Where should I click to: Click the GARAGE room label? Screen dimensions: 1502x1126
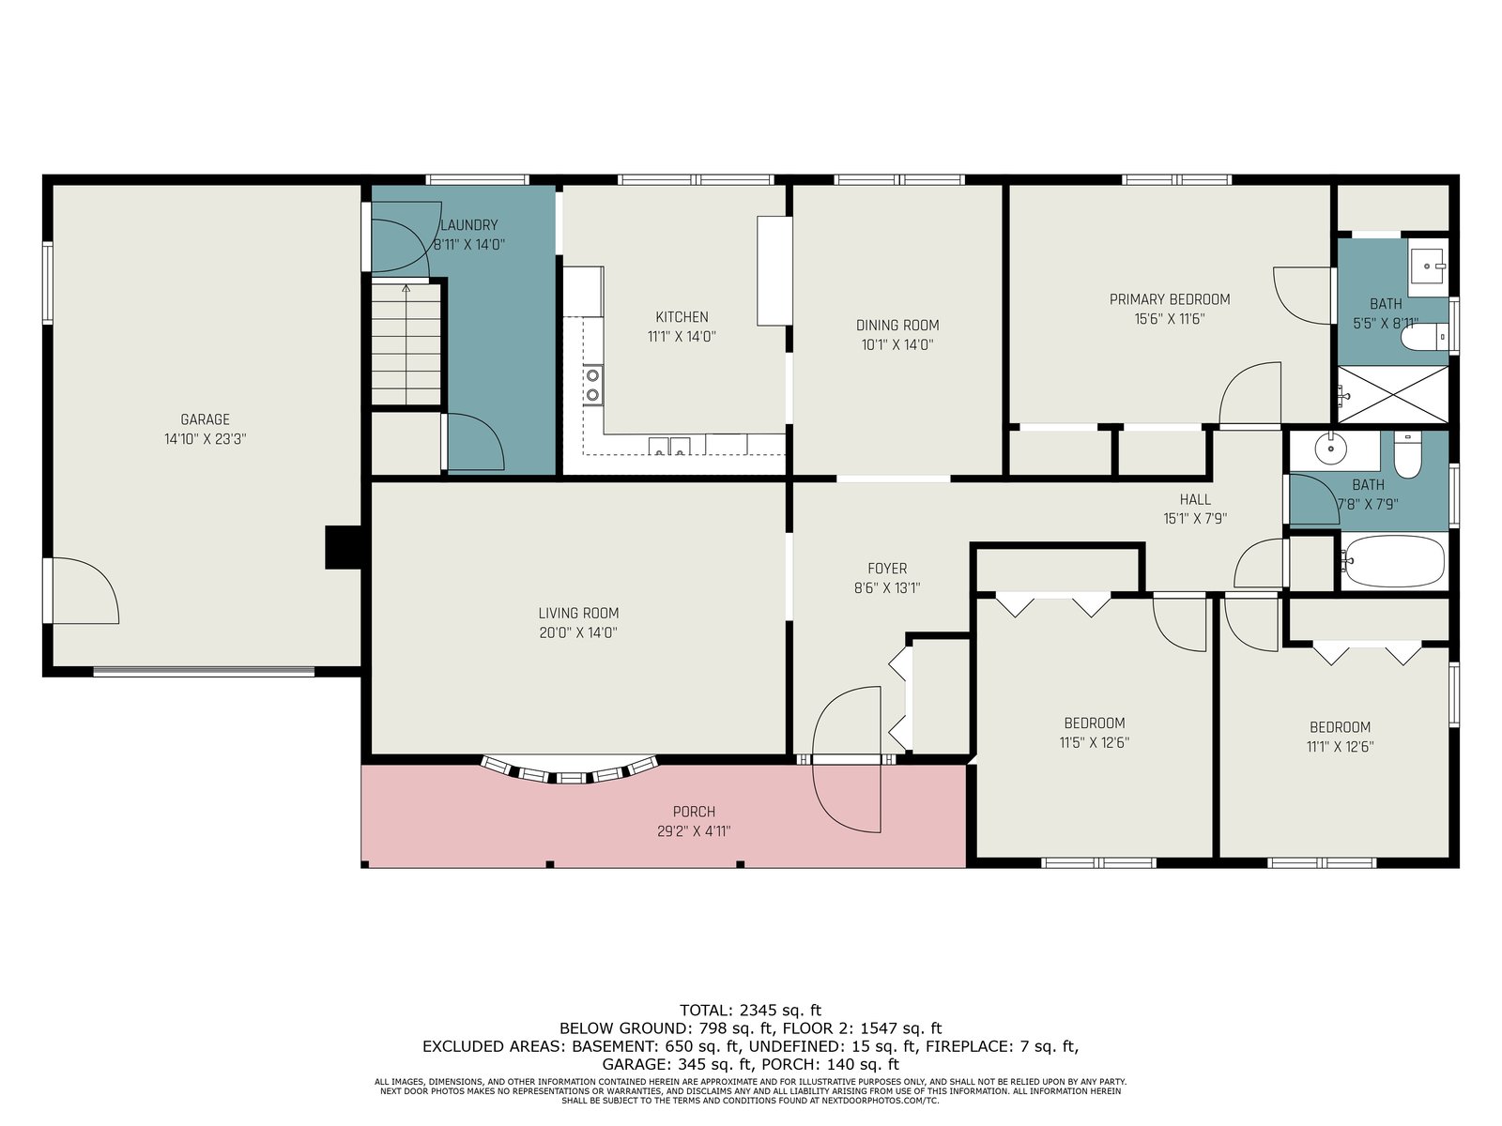click(x=205, y=419)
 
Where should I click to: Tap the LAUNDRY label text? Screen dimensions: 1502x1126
click(x=468, y=225)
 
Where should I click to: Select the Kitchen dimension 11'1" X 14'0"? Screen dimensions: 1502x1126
click(x=682, y=336)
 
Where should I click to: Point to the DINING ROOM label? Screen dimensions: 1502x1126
click(x=897, y=326)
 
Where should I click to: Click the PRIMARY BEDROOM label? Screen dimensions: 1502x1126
click(x=1170, y=299)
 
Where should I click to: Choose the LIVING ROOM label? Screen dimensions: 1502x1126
click(x=578, y=614)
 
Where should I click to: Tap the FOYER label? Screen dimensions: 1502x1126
click(x=887, y=568)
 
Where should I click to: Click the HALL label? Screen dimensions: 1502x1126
click(x=1195, y=500)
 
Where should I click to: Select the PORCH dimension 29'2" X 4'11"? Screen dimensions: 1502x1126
click(x=694, y=831)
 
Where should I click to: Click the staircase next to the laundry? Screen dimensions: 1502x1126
click(x=406, y=344)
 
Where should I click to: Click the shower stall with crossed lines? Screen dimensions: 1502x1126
click(x=1393, y=394)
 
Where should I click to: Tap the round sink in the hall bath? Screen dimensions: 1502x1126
click(x=1331, y=449)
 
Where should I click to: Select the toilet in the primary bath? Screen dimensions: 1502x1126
click(x=1425, y=337)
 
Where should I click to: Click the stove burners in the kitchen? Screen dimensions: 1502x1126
click(x=592, y=385)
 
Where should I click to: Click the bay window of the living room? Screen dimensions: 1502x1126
click(x=569, y=771)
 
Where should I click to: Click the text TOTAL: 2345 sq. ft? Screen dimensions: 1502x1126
click(x=750, y=1010)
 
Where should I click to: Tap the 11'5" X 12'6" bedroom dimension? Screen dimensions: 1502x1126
click(x=1095, y=742)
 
